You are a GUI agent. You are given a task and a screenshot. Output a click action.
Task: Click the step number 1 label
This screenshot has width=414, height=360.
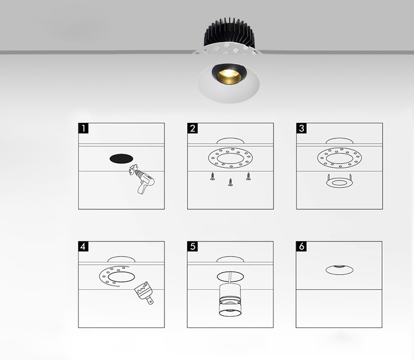click(84, 128)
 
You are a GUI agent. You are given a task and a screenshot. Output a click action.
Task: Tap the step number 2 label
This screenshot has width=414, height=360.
click(193, 128)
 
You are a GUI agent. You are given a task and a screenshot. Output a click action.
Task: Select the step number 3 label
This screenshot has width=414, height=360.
click(302, 128)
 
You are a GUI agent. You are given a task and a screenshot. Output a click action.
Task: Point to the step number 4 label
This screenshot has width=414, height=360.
click(84, 246)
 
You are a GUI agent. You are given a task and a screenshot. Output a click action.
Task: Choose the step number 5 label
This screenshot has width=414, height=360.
click(193, 246)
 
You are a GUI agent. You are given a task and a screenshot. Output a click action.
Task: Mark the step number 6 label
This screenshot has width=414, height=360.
click(301, 246)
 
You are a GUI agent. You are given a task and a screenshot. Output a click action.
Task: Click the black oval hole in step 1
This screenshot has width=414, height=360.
click(121, 159)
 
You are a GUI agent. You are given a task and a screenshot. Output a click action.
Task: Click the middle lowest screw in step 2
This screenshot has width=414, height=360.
click(230, 182)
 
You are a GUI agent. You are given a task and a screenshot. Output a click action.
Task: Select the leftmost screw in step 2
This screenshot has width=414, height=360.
click(213, 176)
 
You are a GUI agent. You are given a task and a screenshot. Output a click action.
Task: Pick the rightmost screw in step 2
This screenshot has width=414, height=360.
click(248, 176)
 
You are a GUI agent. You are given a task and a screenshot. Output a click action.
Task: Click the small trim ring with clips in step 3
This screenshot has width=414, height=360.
click(339, 182)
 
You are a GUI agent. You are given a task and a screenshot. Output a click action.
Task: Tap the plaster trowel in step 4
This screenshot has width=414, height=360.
click(144, 292)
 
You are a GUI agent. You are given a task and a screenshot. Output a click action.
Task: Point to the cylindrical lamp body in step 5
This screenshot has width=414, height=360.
click(230, 300)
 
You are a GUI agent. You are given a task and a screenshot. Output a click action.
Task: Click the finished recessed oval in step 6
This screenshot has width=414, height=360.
click(339, 270)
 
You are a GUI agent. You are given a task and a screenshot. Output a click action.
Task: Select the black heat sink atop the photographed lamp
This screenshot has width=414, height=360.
click(229, 33)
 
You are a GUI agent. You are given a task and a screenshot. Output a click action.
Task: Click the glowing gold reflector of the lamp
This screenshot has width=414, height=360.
click(229, 77)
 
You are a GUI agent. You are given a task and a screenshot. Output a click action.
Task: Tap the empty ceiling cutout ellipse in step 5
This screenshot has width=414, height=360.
click(230, 276)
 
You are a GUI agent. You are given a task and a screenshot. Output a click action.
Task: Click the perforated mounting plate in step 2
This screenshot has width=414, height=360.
click(230, 158)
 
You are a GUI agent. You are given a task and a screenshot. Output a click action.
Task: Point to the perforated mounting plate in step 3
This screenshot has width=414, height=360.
click(339, 158)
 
